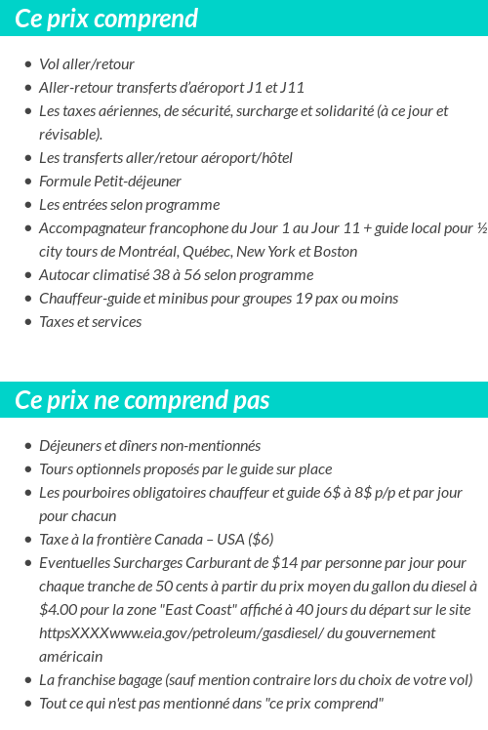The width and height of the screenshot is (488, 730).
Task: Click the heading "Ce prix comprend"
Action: coord(106,18)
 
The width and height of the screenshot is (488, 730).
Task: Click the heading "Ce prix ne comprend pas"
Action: coord(142,400)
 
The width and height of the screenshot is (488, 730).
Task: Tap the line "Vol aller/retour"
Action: coord(87,64)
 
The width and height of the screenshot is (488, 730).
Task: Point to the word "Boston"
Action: coord(334,252)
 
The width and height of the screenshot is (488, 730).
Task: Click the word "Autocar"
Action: coord(64,275)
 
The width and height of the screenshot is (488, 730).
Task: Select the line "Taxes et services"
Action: coord(90,322)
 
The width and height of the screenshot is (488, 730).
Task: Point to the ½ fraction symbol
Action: coord(481,228)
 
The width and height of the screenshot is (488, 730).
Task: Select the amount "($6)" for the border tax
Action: coord(261,540)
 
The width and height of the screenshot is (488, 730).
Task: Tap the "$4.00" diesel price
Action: coord(58,610)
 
